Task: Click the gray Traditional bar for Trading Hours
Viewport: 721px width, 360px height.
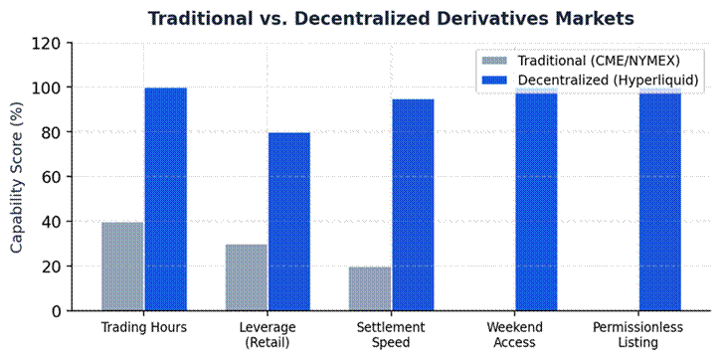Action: pyautogui.click(x=122, y=267)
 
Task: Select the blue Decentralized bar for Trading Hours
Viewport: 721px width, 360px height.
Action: pyautogui.click(x=166, y=199)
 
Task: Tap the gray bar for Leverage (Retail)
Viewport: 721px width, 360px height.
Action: pyautogui.click(x=246, y=277)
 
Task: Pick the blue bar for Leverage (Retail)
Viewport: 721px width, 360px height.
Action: pyautogui.click(x=289, y=222)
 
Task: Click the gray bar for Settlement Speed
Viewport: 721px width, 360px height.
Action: pyautogui.click(x=370, y=288)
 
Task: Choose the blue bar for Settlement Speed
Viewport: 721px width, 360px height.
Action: pyautogui.click(x=413, y=205)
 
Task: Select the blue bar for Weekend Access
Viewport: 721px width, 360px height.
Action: pyautogui.click(x=536, y=199)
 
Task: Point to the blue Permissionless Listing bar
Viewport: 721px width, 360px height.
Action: pyautogui.click(x=660, y=199)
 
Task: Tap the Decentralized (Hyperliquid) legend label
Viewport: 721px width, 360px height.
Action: pyautogui.click(x=608, y=80)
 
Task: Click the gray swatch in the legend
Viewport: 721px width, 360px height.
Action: pyautogui.click(x=494, y=61)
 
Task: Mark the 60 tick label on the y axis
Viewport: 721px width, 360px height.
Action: pyautogui.click(x=55, y=177)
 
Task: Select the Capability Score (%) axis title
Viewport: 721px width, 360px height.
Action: pyautogui.click(x=17, y=177)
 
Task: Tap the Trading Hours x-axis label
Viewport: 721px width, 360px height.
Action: pyautogui.click(x=144, y=327)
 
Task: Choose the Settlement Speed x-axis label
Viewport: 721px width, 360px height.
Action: pyautogui.click(x=391, y=335)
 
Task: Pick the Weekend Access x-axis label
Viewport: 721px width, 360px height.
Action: pyautogui.click(x=514, y=335)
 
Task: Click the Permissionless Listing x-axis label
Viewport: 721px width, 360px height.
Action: pyautogui.click(x=637, y=335)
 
